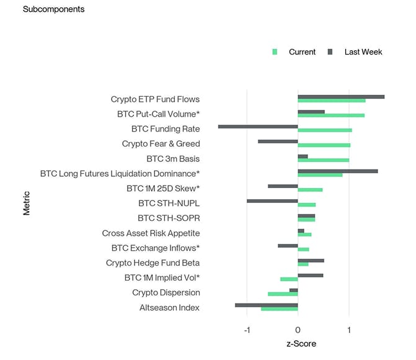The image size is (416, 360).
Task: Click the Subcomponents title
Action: click(x=53, y=9)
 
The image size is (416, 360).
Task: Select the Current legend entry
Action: click(x=302, y=52)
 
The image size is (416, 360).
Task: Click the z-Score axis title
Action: click(x=298, y=343)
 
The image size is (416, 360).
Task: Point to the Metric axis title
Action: click(x=27, y=203)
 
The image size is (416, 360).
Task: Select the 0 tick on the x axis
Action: click(x=298, y=329)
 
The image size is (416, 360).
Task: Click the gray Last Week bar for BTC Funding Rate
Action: click(x=258, y=127)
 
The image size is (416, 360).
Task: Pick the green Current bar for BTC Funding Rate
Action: click(x=325, y=130)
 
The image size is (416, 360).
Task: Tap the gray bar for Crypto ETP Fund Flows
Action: click(x=341, y=97)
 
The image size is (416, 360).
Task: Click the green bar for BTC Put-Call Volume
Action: click(x=331, y=115)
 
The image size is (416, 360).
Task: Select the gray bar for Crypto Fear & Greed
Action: click(x=278, y=142)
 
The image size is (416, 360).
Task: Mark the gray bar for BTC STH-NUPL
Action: click(x=272, y=201)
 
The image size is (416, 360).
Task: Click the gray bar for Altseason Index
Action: click(x=267, y=305)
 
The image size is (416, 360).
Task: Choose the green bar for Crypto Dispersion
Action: click(x=283, y=294)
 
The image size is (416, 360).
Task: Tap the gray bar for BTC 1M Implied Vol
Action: click(x=310, y=275)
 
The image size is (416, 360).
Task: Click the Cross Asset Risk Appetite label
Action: click(x=151, y=233)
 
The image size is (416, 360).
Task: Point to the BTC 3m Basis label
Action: click(x=173, y=159)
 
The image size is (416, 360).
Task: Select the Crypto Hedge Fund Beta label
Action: click(x=153, y=263)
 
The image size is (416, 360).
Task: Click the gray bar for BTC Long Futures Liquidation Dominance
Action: click(x=337, y=171)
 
